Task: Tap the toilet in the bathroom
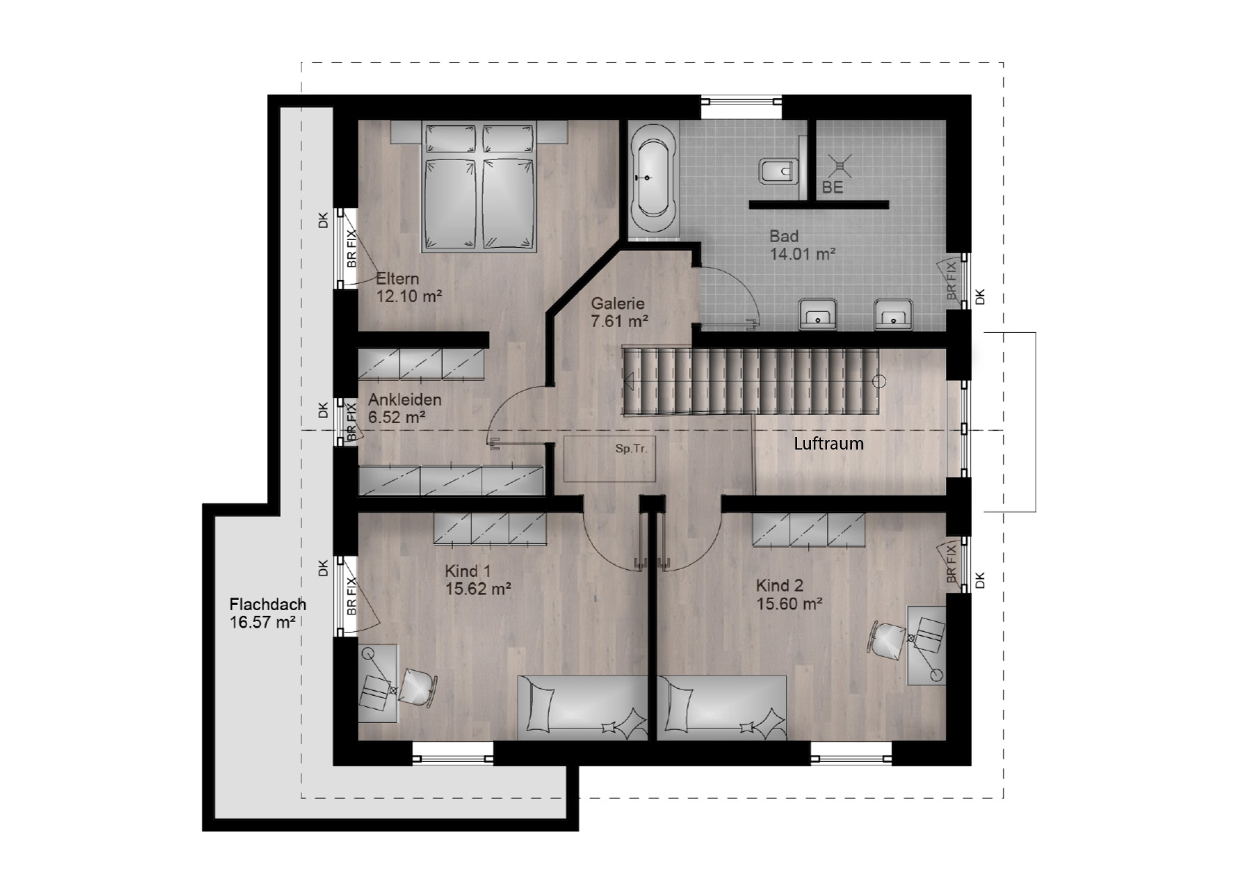(779, 171)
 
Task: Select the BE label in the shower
(832, 188)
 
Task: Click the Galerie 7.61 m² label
(619, 312)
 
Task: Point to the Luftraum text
(828, 444)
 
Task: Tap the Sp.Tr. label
(631, 449)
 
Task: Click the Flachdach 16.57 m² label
(268, 613)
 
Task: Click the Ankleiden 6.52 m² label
(405, 408)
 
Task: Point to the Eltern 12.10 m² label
(409, 287)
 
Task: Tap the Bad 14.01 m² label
(803, 245)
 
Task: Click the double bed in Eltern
(479, 187)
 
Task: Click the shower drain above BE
(839, 166)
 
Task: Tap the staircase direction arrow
(629, 381)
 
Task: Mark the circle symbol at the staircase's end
(878, 381)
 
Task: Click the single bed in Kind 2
(722, 708)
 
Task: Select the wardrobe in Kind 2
(808, 530)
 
